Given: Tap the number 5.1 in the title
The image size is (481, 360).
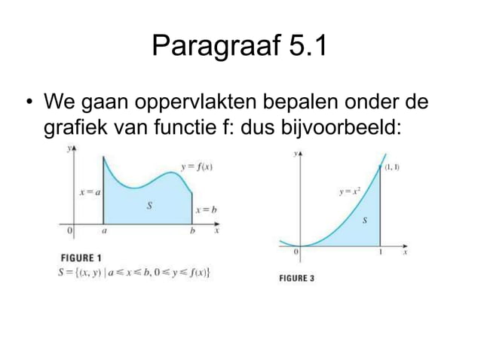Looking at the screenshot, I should coord(308,48).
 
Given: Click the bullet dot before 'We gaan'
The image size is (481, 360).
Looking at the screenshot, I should coord(28,102).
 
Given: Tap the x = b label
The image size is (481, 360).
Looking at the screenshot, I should coord(206,210).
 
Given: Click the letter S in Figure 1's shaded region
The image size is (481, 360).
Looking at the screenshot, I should coord(149,206).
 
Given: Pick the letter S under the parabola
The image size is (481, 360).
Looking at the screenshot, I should coord(366,221).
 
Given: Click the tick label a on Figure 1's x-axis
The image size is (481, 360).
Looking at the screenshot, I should coord(104,232).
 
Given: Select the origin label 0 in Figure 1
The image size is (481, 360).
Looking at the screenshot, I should coord(69,231).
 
